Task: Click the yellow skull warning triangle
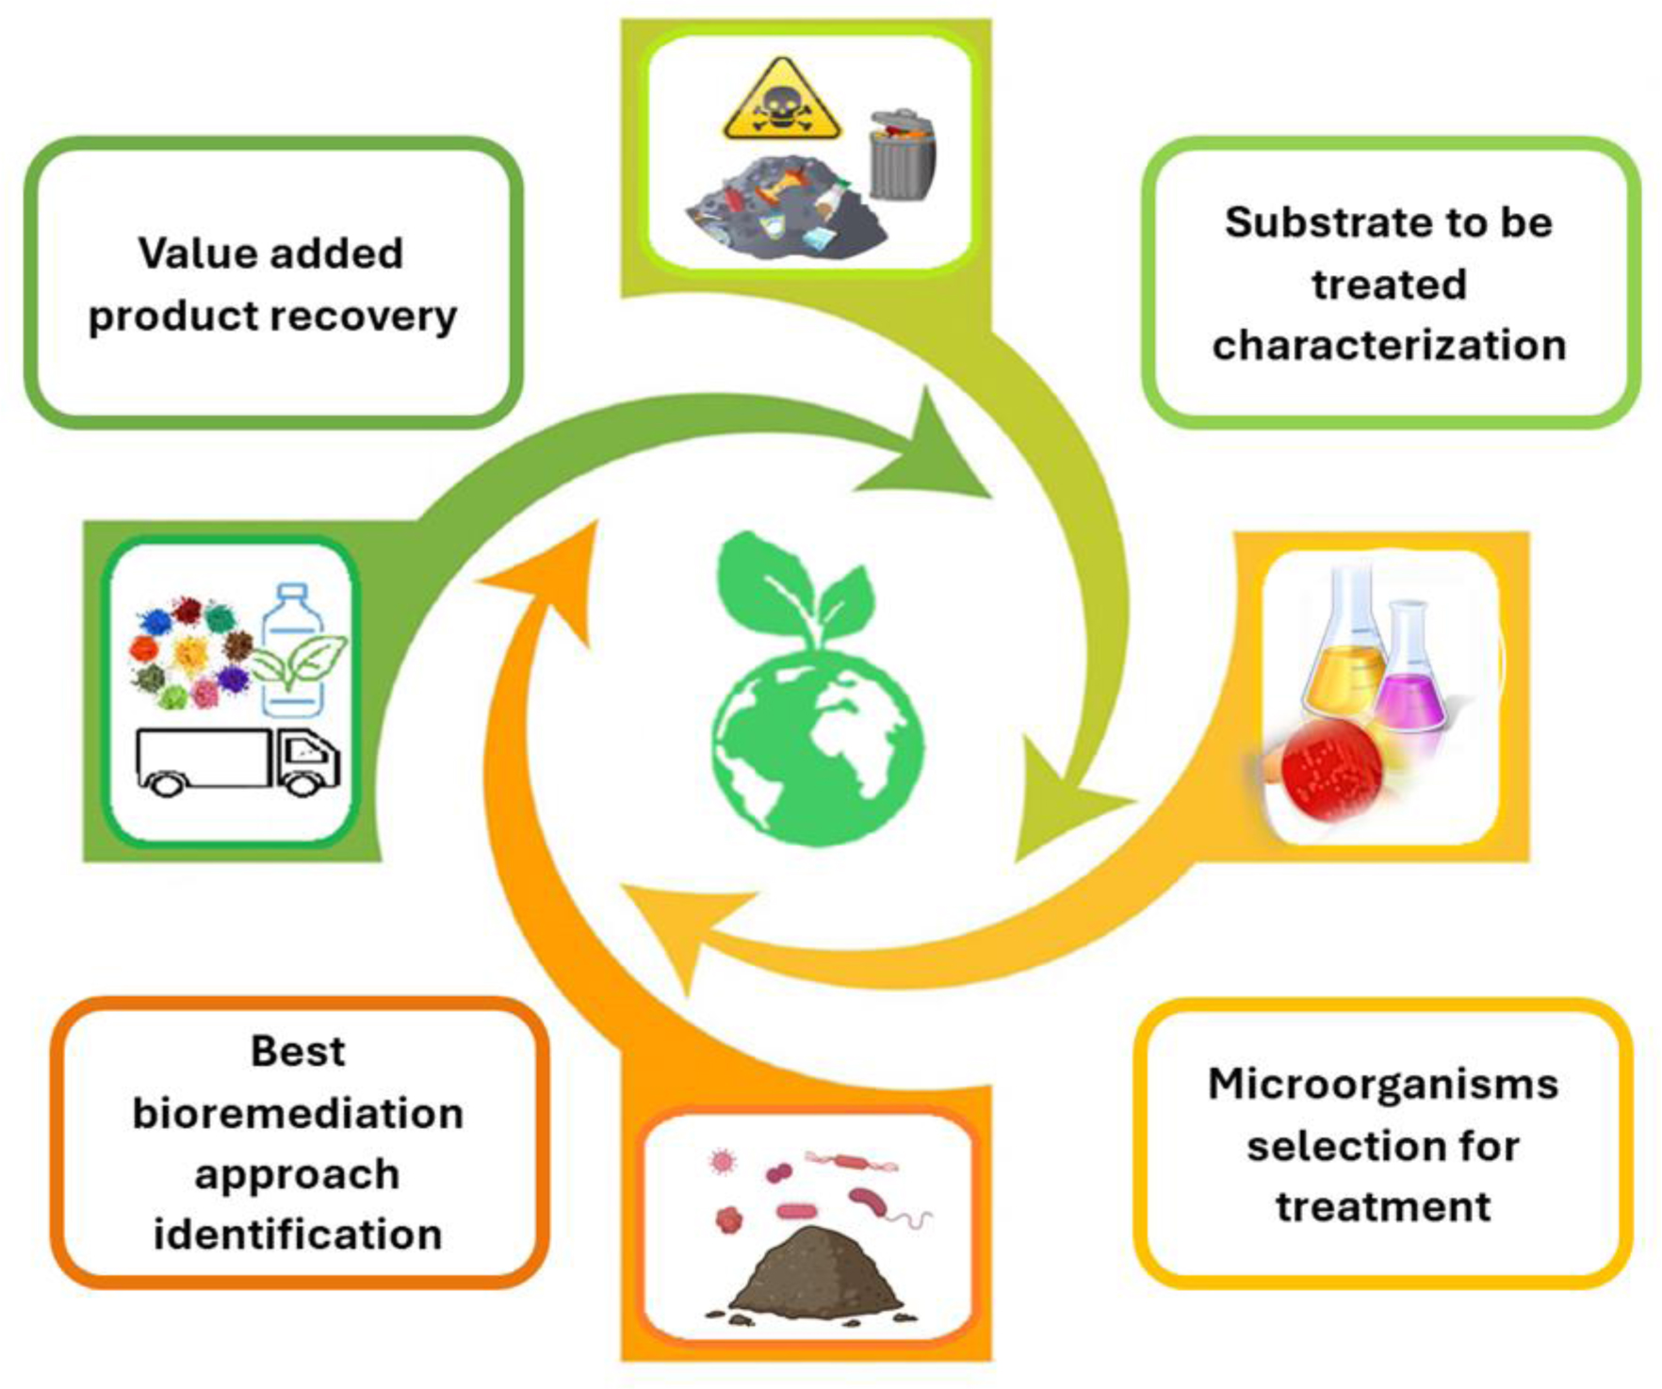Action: (781, 100)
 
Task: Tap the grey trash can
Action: (903, 155)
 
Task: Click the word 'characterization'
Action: (1389, 345)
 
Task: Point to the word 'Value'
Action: (191, 253)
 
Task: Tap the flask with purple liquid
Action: (1409, 669)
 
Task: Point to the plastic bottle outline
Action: (293, 650)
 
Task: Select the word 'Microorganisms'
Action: (1382, 1084)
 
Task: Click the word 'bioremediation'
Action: (298, 1113)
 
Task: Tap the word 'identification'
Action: (298, 1234)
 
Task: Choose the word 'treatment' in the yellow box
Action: (1383, 1206)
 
